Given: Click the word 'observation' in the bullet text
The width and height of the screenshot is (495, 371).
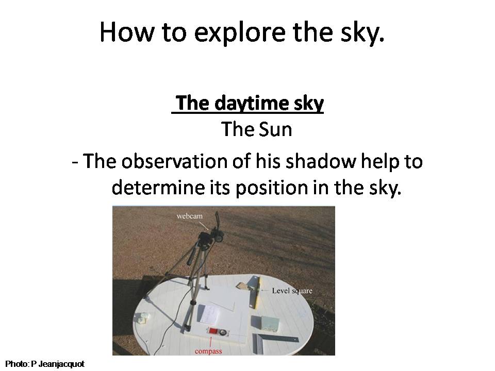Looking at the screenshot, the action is pos(174,161).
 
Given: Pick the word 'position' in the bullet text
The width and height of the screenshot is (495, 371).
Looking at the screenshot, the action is pos(272,188).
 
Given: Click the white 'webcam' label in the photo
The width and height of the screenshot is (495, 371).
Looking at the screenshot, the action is pos(189,216).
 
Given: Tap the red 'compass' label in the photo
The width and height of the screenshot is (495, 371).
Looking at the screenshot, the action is pos(208,351).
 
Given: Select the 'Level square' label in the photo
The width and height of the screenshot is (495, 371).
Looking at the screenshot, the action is pos(292,291).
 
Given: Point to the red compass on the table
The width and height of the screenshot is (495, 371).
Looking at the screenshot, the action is pos(217,331).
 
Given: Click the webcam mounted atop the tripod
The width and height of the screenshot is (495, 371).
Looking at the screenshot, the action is pos(211,235).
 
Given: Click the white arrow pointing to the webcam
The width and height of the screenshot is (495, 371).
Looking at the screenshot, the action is pos(203,225).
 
